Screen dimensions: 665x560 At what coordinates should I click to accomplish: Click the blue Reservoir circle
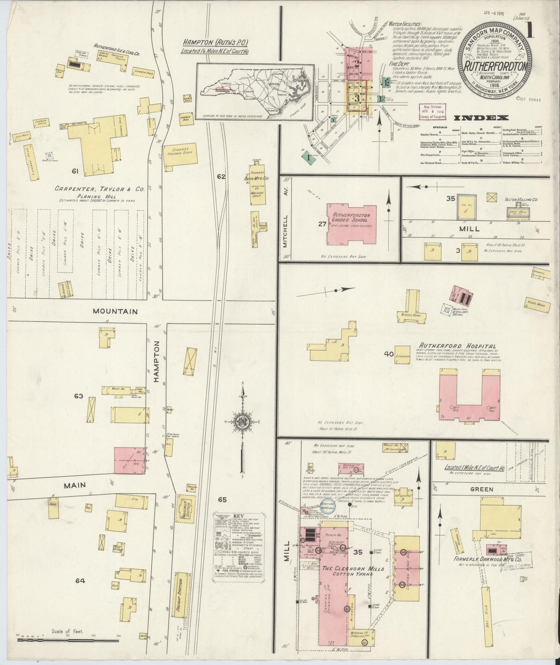329,507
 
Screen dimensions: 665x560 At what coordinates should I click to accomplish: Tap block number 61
75,171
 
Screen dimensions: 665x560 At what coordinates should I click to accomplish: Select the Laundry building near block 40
402,354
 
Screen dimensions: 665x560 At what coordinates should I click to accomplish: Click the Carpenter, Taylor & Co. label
99,190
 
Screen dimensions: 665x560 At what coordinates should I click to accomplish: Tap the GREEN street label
481,489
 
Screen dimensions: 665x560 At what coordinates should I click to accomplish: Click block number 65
222,500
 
